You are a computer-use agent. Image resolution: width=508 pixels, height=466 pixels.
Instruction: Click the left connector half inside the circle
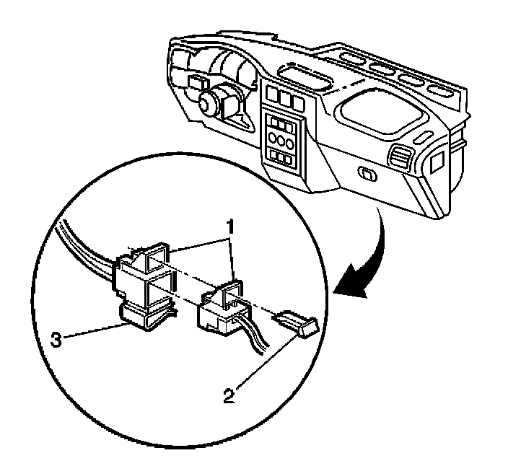[144, 278]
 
